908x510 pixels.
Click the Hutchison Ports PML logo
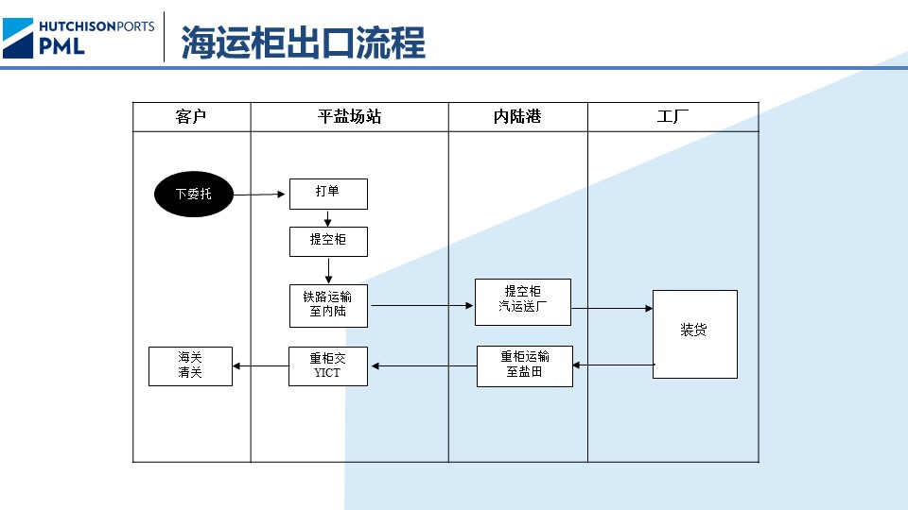click(x=79, y=37)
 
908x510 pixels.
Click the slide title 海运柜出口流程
click(x=303, y=42)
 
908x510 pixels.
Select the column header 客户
click(x=191, y=117)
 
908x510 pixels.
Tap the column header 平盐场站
click(x=349, y=117)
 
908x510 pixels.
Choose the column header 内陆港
click(x=517, y=117)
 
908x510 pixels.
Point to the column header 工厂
click(x=672, y=117)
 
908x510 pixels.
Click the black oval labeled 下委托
click(x=194, y=195)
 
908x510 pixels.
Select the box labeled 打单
click(x=327, y=194)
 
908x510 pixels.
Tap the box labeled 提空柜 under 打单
click(x=327, y=242)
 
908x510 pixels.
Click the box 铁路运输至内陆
click(x=327, y=305)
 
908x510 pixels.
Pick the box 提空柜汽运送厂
click(x=522, y=302)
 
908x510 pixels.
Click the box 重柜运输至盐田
click(x=524, y=366)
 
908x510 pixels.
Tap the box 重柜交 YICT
click(x=327, y=366)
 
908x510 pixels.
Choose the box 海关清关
click(x=190, y=366)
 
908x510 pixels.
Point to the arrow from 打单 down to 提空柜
click(x=327, y=218)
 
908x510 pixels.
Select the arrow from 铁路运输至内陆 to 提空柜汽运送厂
click(x=421, y=305)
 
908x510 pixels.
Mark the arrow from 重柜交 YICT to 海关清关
click(x=260, y=366)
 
